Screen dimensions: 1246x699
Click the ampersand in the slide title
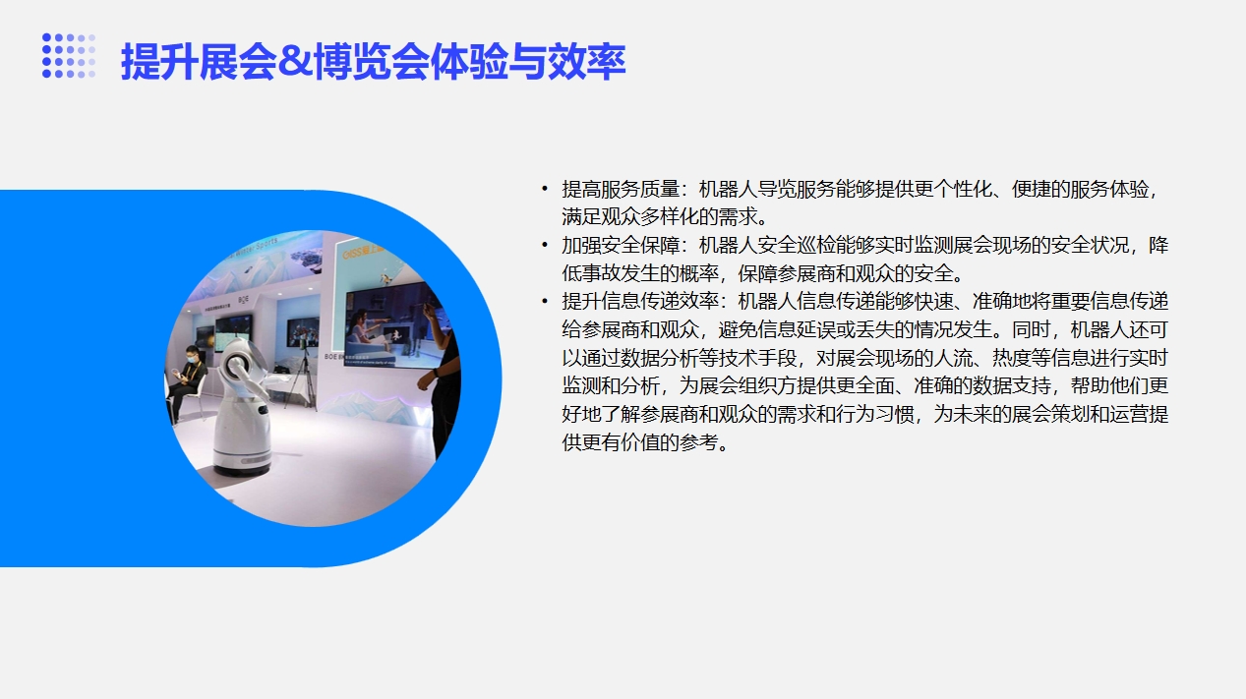tap(295, 61)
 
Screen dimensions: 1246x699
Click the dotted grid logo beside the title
tap(69, 56)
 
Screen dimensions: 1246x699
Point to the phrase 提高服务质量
tap(621, 189)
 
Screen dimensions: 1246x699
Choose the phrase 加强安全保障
tap(621, 245)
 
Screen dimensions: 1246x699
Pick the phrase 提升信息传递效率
tap(639, 302)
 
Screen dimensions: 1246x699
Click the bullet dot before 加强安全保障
tap(545, 245)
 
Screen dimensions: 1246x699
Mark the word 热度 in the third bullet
tap(1011, 358)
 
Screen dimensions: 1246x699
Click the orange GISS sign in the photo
tap(363, 252)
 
